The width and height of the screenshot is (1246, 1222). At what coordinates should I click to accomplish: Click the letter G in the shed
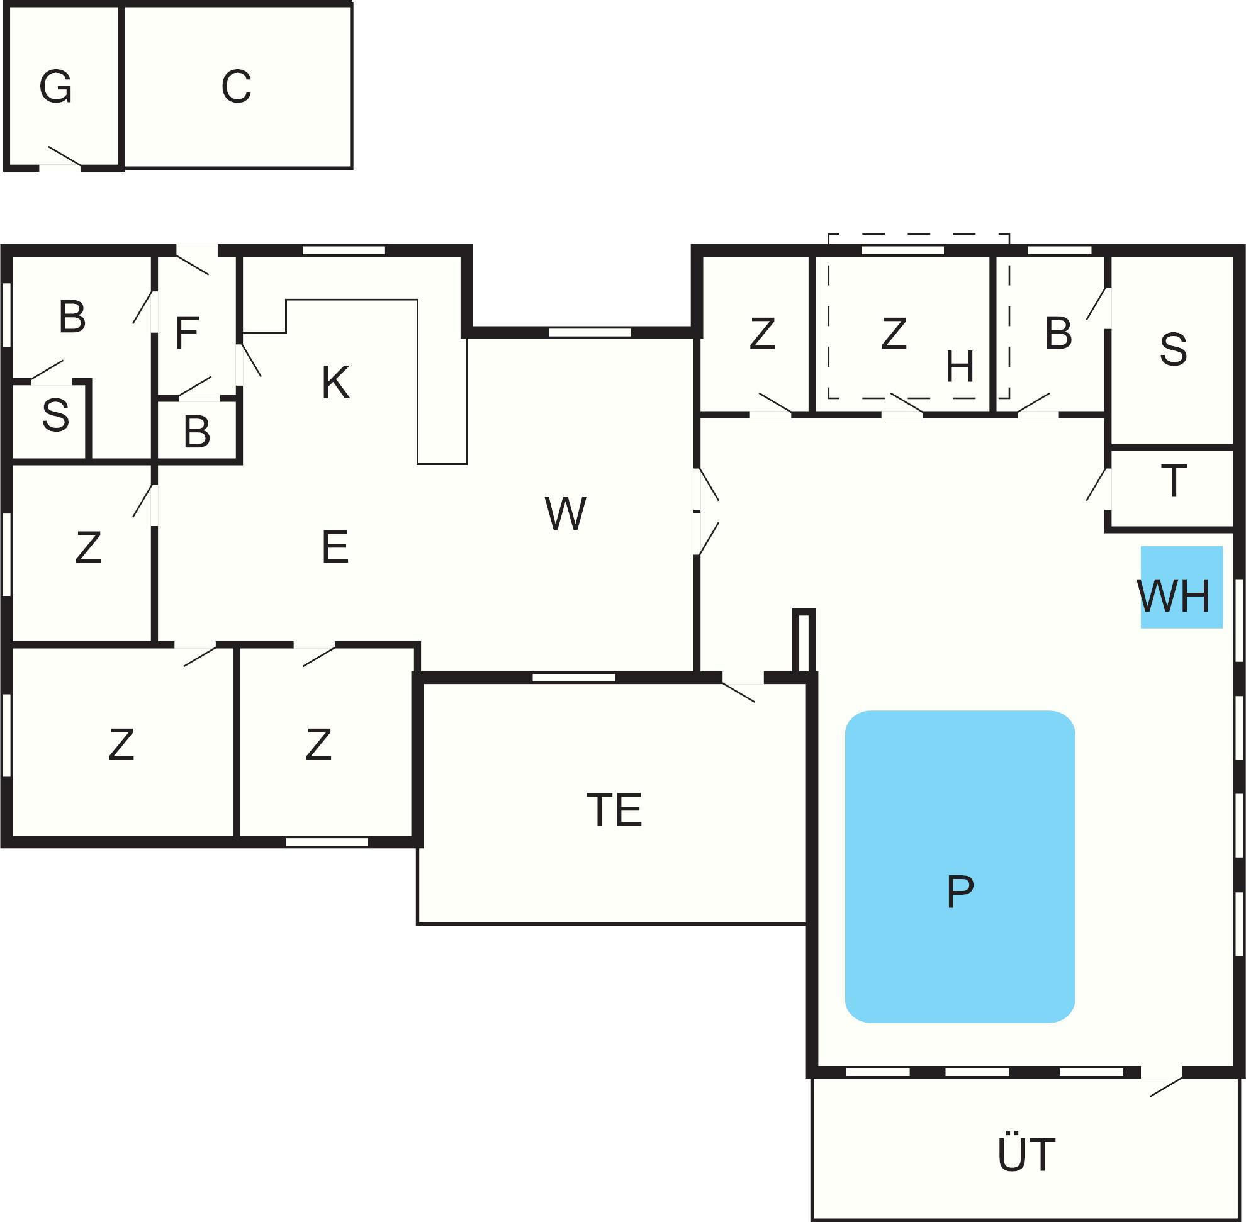point(55,87)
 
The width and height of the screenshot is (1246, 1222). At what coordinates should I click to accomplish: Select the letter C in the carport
point(236,87)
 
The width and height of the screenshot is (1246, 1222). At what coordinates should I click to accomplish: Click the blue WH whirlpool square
point(1181,586)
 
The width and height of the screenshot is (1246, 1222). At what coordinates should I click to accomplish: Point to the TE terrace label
point(614,810)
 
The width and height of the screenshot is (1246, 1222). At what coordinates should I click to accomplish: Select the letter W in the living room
point(565,513)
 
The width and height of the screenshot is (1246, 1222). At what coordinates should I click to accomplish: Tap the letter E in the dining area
point(334,547)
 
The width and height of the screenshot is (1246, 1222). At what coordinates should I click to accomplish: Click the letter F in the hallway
point(187,333)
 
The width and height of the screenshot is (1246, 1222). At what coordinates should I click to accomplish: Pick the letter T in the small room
point(1174,481)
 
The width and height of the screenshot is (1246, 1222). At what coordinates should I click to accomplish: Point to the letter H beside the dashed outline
point(960,367)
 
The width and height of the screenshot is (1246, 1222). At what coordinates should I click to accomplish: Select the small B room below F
point(197,431)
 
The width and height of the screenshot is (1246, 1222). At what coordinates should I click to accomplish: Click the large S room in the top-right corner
point(1173,350)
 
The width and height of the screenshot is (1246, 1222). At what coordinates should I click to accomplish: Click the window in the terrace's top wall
point(573,677)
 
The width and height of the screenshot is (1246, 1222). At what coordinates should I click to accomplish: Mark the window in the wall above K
point(344,250)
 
